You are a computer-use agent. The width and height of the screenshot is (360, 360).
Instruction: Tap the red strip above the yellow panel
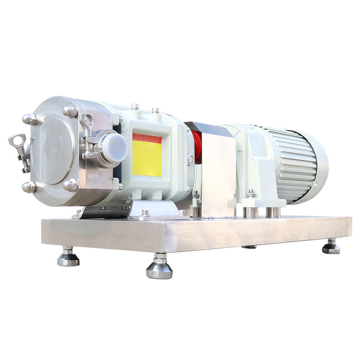pyautogui.click(x=147, y=138)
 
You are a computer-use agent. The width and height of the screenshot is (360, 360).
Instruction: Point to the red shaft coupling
pyautogui.click(x=197, y=144)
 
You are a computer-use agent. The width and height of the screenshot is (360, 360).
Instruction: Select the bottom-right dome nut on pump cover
pyautogui.click(x=71, y=184)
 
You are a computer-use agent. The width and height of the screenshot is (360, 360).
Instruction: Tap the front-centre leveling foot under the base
pyautogui.click(x=159, y=267)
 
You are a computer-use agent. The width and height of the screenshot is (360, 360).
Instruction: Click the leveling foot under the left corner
pyautogui.click(x=68, y=257)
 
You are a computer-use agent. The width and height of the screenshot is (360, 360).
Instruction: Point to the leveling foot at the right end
pyautogui.click(x=331, y=247)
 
